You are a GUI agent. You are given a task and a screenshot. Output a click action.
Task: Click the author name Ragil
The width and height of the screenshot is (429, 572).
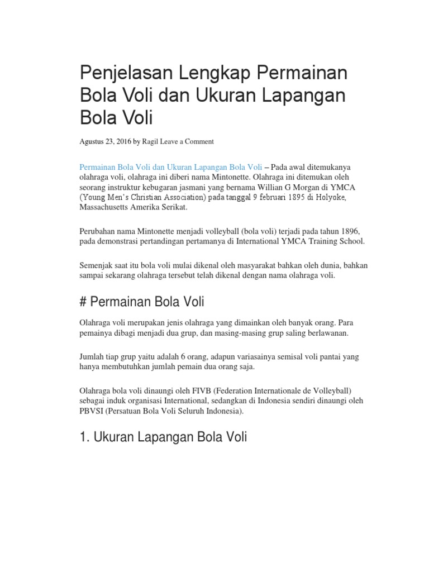[x=150, y=142]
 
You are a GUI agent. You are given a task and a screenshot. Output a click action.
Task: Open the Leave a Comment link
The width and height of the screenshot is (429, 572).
[x=187, y=142]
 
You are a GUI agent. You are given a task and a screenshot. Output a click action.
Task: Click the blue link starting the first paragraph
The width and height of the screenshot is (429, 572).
[x=171, y=167]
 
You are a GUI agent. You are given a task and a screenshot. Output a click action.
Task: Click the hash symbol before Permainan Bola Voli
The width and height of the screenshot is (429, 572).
[x=83, y=302]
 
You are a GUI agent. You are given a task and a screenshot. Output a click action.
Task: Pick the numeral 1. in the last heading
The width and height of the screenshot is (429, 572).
[x=84, y=437]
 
